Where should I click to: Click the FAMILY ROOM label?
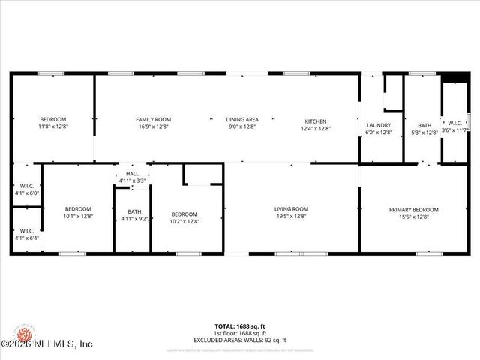point(153,120)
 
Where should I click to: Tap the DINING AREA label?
point(242,120)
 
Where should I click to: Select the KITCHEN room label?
point(315,121)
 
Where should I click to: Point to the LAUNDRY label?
point(379,125)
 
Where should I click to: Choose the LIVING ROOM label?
point(291,209)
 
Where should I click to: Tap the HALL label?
point(132,174)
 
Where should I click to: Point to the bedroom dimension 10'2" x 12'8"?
point(184,221)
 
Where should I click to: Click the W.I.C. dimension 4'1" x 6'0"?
point(27,193)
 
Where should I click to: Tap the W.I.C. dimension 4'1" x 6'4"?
point(27,238)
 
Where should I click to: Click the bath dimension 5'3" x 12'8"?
point(425,133)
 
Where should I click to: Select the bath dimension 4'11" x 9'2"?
point(135,219)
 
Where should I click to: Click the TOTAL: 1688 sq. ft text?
point(240,326)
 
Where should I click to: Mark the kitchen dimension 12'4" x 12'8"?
point(315,128)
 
